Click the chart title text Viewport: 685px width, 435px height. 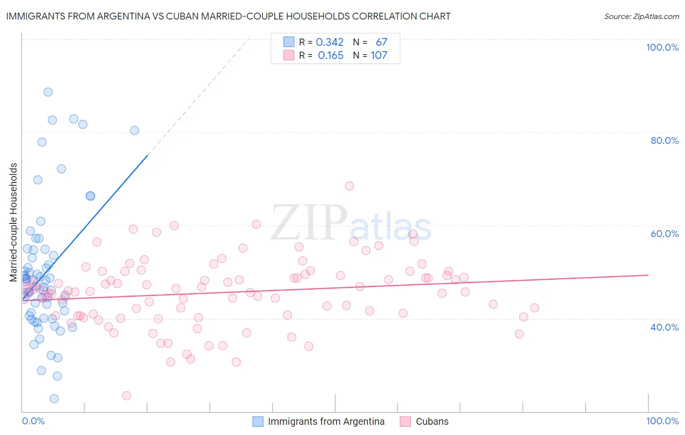[228, 16]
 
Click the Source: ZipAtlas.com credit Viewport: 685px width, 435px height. [641, 16]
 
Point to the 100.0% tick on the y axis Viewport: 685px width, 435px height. [662, 47]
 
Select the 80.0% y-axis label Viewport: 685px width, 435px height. [665, 140]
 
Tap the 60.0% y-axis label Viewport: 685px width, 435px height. [665, 234]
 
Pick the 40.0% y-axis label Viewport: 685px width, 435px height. [665, 327]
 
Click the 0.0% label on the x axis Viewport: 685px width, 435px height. [33, 421]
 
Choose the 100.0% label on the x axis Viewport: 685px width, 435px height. [662, 421]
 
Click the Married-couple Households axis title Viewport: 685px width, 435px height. [14, 222]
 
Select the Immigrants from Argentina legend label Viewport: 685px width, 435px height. [326, 421]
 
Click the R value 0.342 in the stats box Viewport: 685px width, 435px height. [330, 42]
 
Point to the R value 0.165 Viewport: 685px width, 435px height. [331, 56]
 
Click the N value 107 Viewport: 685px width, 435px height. [379, 56]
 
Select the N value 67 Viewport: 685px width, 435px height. [381, 42]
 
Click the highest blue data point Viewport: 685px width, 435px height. [48, 92]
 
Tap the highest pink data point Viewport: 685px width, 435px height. [349, 186]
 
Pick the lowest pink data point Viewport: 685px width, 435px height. [127, 395]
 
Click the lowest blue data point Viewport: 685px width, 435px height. [54, 399]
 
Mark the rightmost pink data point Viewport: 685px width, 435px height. [534, 308]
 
